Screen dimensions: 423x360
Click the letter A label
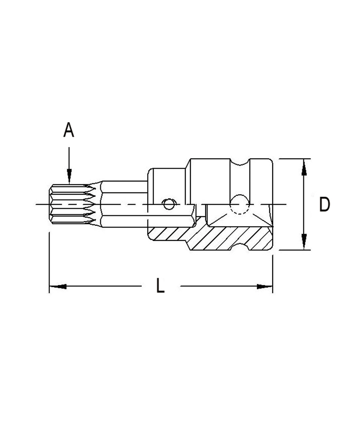pos(68,130)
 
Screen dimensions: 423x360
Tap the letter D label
pos(324,205)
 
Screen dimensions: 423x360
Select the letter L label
pos(160,286)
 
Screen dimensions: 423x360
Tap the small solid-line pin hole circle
pos(169,205)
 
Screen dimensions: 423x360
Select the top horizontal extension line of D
pos(292,159)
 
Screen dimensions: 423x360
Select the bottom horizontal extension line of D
pos(292,249)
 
